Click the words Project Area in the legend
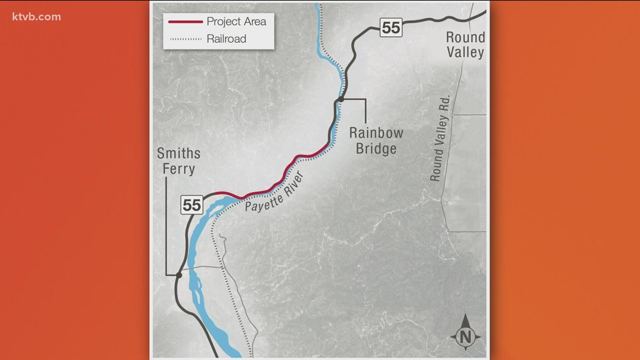(x=236, y=22)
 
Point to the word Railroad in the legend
(x=226, y=39)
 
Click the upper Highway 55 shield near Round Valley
(x=391, y=28)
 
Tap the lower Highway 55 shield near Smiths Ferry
(x=191, y=205)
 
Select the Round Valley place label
(x=465, y=45)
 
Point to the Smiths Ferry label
(x=179, y=161)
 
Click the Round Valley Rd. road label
(x=441, y=147)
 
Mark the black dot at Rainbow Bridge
(x=340, y=99)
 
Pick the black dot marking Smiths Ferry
(x=179, y=275)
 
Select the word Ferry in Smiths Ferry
(x=179, y=168)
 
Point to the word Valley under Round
(x=465, y=53)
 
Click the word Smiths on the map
(x=179, y=154)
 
